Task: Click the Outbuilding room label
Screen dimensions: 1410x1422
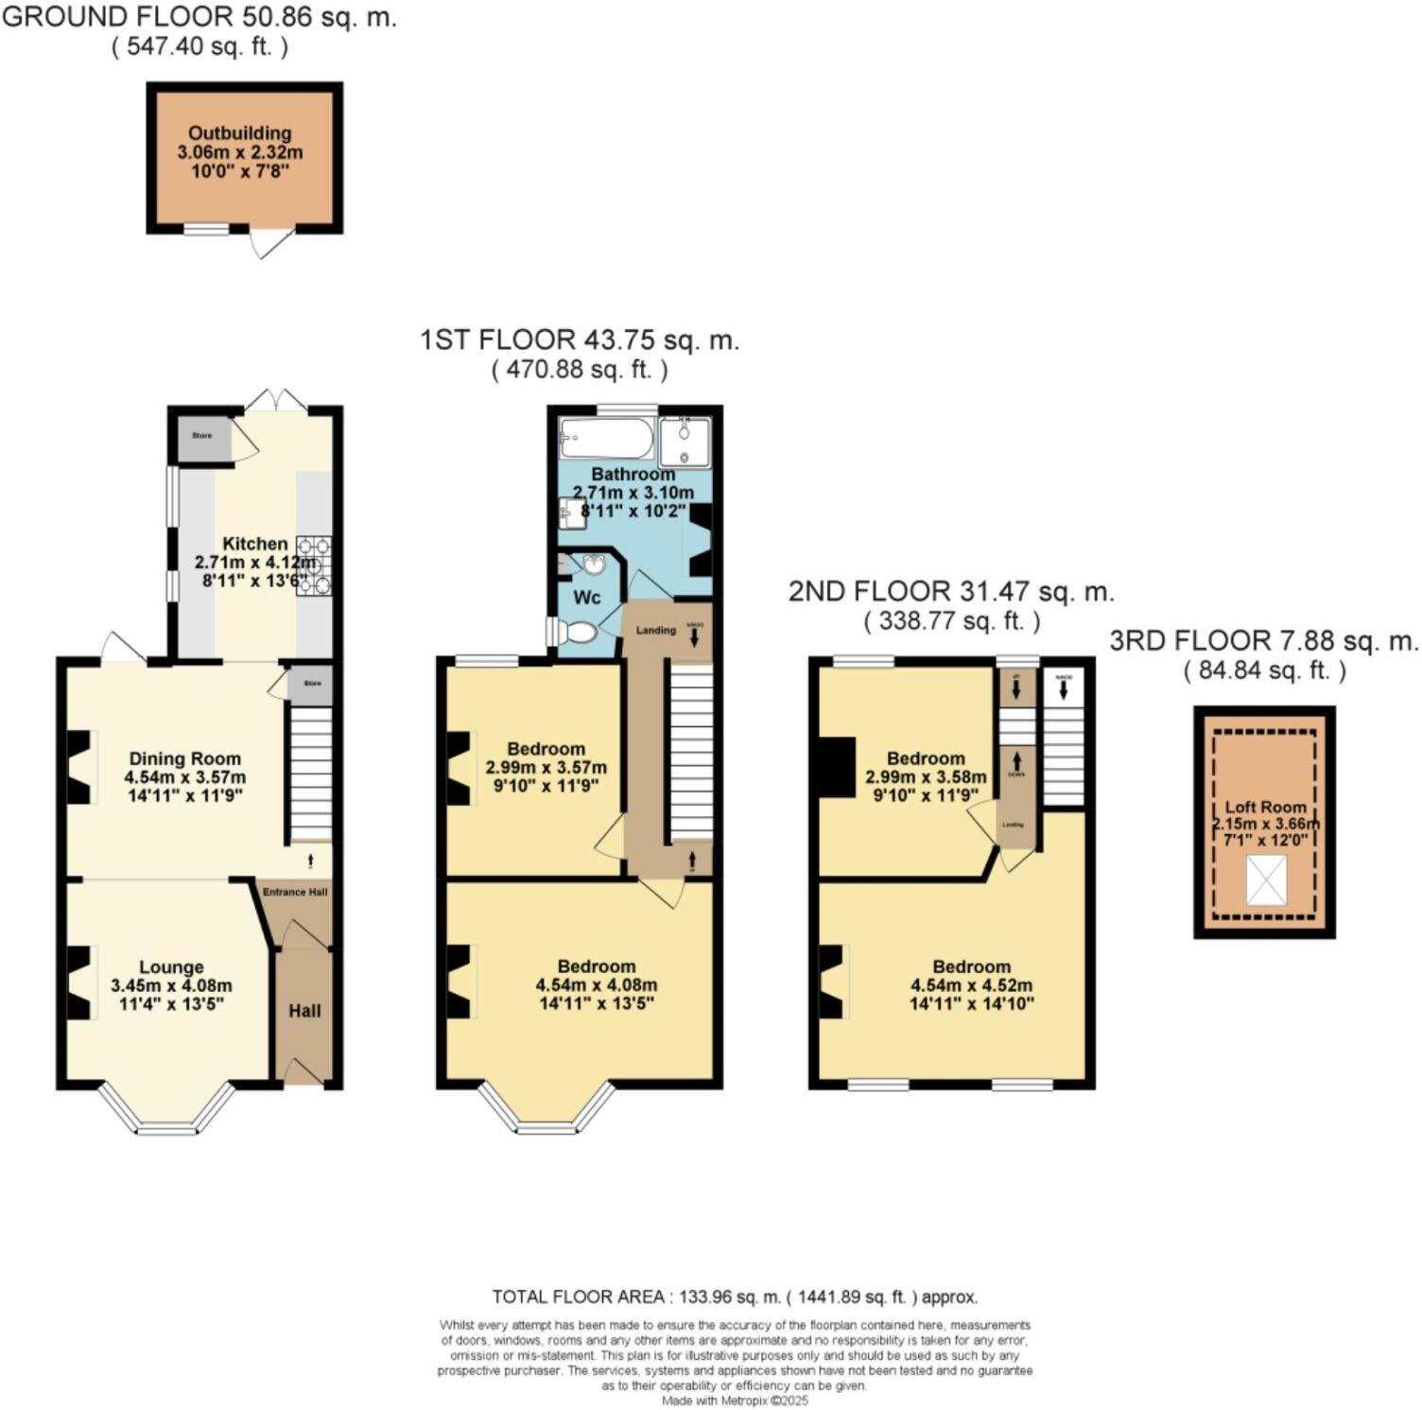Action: [240, 133]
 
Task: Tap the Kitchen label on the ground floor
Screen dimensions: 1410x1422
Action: [254, 544]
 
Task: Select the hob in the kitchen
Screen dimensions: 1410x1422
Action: [315, 566]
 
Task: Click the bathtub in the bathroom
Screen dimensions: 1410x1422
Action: [606, 439]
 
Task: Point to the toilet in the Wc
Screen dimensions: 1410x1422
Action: [578, 632]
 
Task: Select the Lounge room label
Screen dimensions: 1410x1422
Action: [171, 967]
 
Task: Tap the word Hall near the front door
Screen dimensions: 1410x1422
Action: [304, 1011]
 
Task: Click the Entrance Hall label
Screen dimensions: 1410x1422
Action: [295, 892]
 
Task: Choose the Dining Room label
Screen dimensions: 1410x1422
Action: [185, 758]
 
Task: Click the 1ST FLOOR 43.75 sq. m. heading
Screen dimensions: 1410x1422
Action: [580, 340]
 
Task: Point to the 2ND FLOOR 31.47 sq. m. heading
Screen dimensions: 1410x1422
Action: [951, 593]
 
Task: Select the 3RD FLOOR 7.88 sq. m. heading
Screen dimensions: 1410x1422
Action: [1264, 642]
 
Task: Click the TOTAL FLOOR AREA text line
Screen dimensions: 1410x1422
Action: [735, 1297]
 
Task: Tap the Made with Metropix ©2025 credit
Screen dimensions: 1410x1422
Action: [735, 1401]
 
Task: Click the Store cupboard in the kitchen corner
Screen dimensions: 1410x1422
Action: [202, 438]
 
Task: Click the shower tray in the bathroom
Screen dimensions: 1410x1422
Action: [685, 441]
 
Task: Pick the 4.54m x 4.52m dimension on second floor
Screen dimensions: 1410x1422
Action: [971, 985]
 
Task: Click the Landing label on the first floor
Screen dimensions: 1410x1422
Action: [655, 630]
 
